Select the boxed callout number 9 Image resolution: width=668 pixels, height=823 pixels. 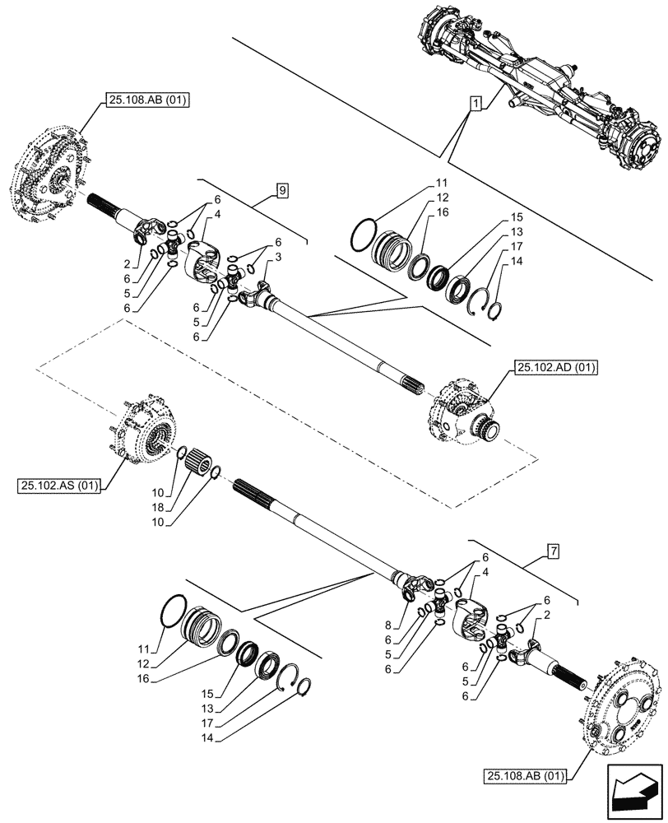coord(282,191)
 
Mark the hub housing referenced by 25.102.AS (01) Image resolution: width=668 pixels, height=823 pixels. coord(147,430)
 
